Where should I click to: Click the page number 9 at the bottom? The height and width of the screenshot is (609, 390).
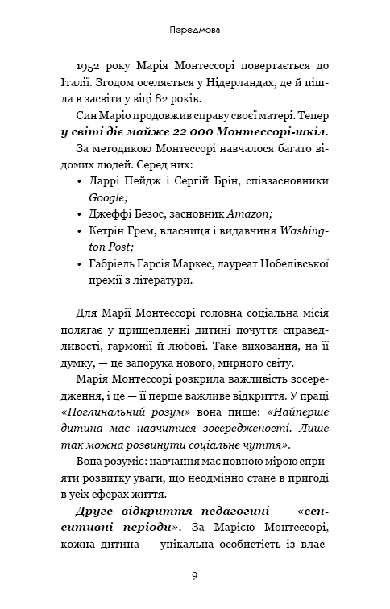point(195,577)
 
